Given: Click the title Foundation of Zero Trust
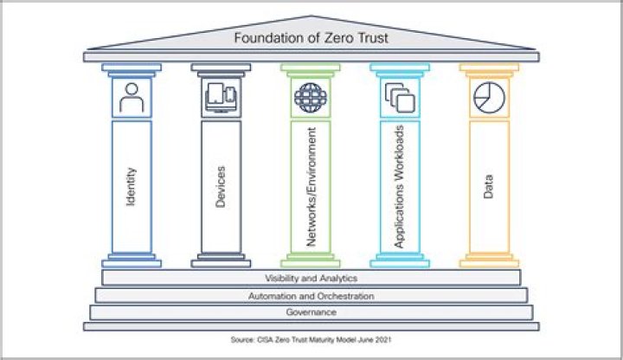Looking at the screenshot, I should coord(311,37).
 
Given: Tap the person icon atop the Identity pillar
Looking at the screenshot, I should coord(132,99).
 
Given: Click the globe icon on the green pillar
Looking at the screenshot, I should coord(308,96).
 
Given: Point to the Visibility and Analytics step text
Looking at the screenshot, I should coord(311,279).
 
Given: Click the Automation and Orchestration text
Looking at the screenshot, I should coord(311,296).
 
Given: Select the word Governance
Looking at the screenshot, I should coord(311,312).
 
